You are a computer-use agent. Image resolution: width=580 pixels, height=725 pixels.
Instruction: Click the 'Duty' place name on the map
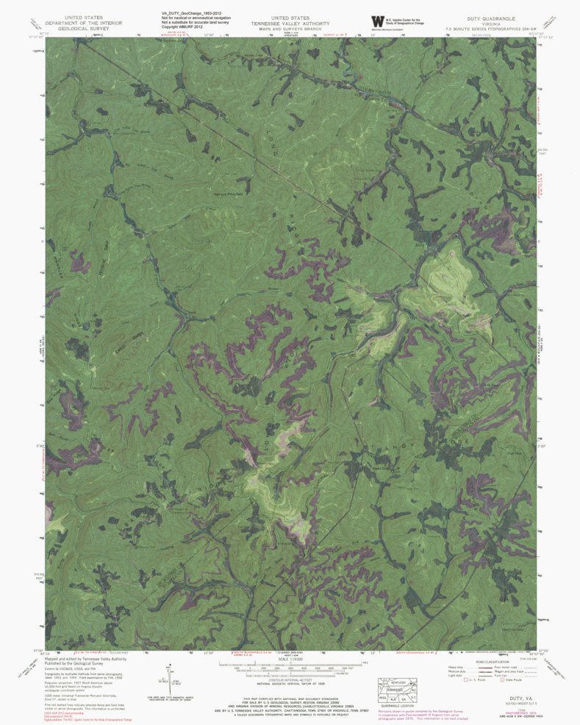pos(421,236)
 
